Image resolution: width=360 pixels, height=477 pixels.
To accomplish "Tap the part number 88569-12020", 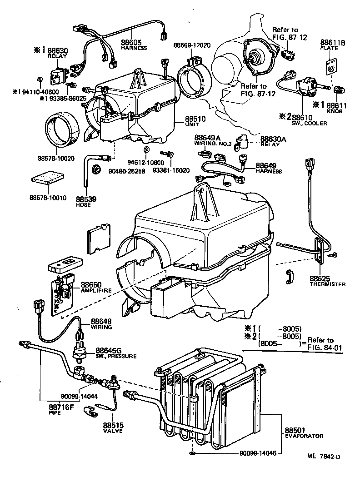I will tap(192, 45).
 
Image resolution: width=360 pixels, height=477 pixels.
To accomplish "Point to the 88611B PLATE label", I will tap(333, 45).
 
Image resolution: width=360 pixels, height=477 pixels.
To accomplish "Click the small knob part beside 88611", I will tap(338, 90).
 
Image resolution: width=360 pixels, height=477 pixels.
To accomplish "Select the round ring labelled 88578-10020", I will tap(62, 131).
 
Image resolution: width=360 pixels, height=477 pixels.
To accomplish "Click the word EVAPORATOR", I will tap(304, 436).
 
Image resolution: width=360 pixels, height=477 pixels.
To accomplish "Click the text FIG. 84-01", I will tap(325, 348).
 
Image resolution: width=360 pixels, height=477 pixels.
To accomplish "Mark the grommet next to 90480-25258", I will tap(96, 169).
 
